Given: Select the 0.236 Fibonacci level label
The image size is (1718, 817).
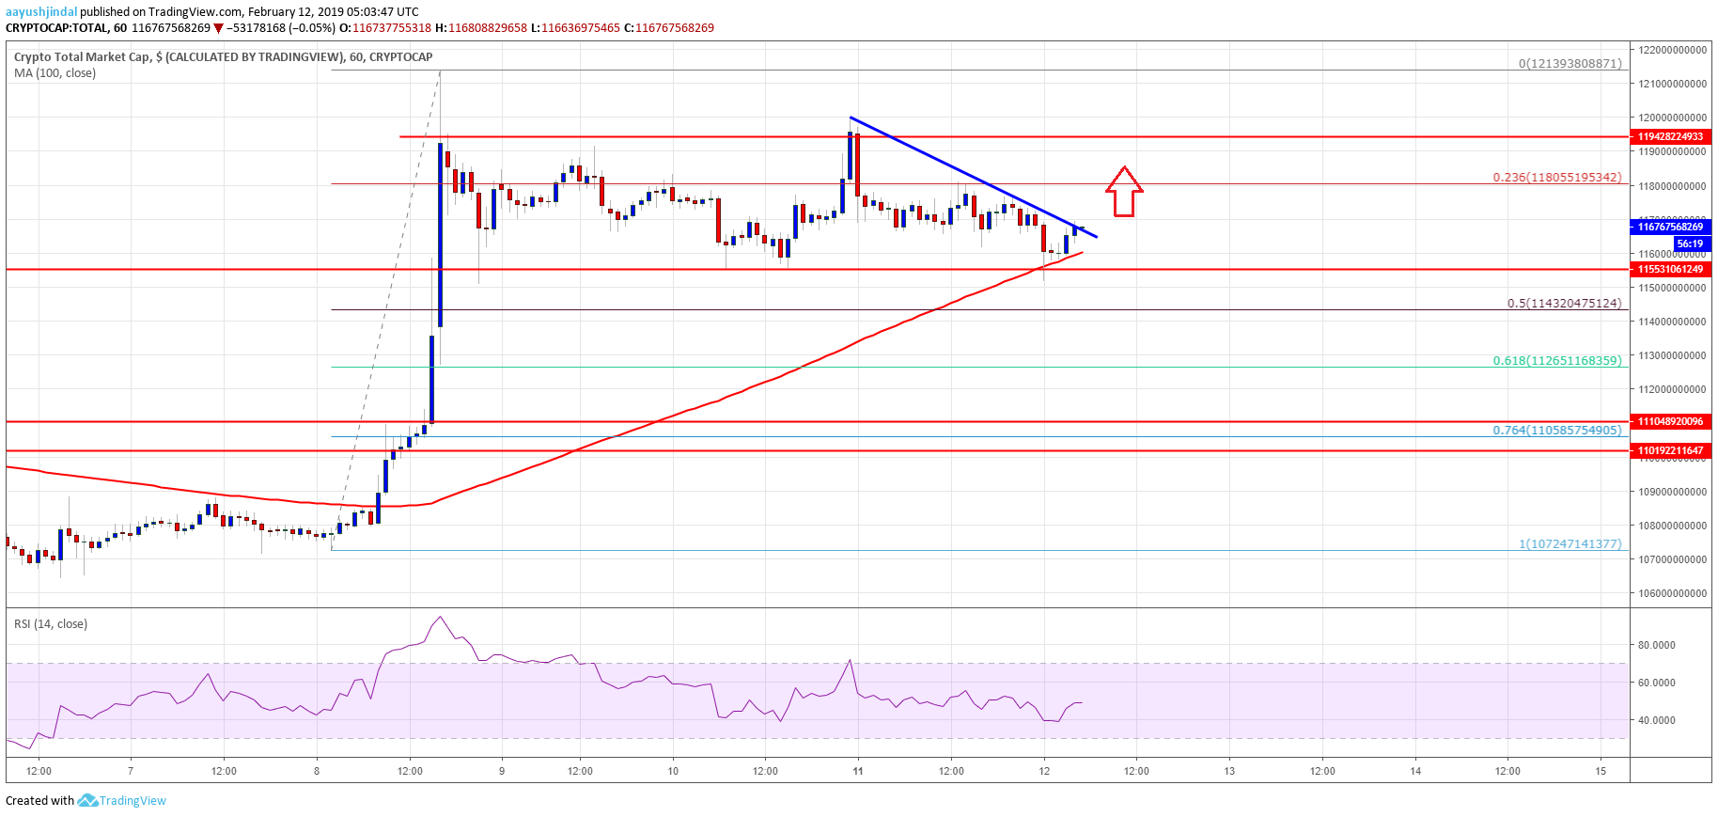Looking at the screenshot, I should click(1556, 177).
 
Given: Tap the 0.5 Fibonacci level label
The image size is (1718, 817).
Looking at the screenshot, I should click(1564, 303).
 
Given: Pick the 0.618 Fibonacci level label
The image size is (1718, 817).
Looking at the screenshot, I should click(1556, 360).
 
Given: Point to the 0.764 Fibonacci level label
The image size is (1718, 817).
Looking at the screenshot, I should click(1556, 430).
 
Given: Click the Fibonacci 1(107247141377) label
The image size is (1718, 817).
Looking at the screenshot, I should click(1570, 543).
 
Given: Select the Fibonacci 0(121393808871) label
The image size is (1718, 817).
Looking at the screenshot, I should click(1570, 63).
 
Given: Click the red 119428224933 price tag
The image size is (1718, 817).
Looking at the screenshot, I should click(1670, 136).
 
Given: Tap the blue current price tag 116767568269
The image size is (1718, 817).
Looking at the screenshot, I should click(1670, 227).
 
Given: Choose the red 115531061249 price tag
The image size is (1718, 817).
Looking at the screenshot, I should click(1670, 269).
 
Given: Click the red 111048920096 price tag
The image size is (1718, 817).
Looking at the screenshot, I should click(1670, 421).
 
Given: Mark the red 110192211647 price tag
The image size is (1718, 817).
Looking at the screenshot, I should click(1670, 450).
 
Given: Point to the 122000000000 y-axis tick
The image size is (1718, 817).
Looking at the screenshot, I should click(1672, 50).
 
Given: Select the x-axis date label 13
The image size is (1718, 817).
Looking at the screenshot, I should click(1229, 771).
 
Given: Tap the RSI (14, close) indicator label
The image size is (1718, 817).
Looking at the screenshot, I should click(51, 624).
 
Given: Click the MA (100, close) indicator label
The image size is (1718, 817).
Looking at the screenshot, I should click(55, 73).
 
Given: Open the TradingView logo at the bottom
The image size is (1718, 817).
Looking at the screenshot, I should click(122, 801).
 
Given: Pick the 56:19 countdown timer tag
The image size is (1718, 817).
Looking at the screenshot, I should click(1689, 244).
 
